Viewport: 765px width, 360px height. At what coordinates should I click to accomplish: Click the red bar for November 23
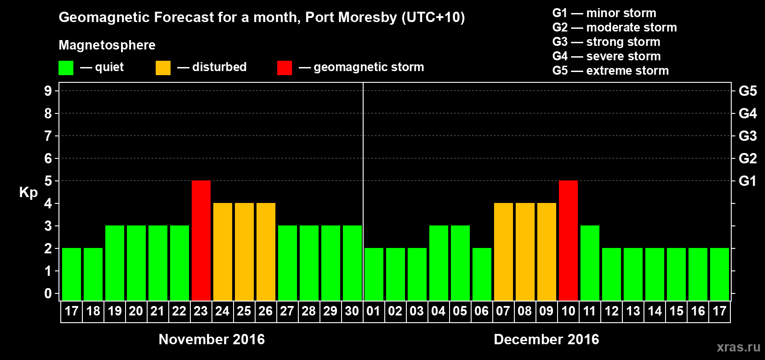(x=201, y=240)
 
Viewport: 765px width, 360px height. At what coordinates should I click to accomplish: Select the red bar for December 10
(x=568, y=240)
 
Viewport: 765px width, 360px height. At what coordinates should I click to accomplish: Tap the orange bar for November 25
(x=244, y=252)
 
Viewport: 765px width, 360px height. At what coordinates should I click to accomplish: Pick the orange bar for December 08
(x=525, y=252)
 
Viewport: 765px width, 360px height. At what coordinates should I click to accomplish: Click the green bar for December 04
(x=439, y=263)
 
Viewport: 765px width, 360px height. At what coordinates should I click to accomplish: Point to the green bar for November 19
(x=115, y=263)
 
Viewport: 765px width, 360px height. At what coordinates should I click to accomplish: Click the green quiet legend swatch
(x=66, y=68)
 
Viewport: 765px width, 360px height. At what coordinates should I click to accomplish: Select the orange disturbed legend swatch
(x=163, y=68)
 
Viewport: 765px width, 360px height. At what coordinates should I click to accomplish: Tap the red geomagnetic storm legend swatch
(x=284, y=68)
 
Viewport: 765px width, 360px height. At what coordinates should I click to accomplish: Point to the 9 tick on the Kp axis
(x=48, y=91)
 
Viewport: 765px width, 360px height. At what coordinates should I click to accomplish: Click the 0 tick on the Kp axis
(x=48, y=293)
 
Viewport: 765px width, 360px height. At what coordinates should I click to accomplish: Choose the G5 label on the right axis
(x=747, y=91)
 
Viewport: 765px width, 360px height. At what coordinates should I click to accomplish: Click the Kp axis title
(x=28, y=192)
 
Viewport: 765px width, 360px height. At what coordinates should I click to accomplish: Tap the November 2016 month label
(x=211, y=339)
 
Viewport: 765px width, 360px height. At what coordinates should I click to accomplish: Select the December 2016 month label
(x=546, y=339)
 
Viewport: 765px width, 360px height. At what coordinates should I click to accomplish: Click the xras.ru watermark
(x=738, y=347)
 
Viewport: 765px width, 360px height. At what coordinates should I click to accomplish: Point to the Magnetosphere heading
(x=107, y=45)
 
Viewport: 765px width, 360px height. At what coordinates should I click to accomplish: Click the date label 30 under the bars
(x=352, y=311)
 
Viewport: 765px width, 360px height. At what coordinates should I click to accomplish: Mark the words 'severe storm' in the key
(x=623, y=56)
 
